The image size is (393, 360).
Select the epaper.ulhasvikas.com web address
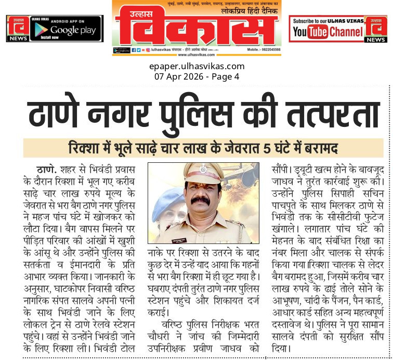(x=196, y=66)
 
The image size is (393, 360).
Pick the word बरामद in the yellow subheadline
(x=317, y=149)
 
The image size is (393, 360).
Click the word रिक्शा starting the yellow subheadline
(x=84, y=149)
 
